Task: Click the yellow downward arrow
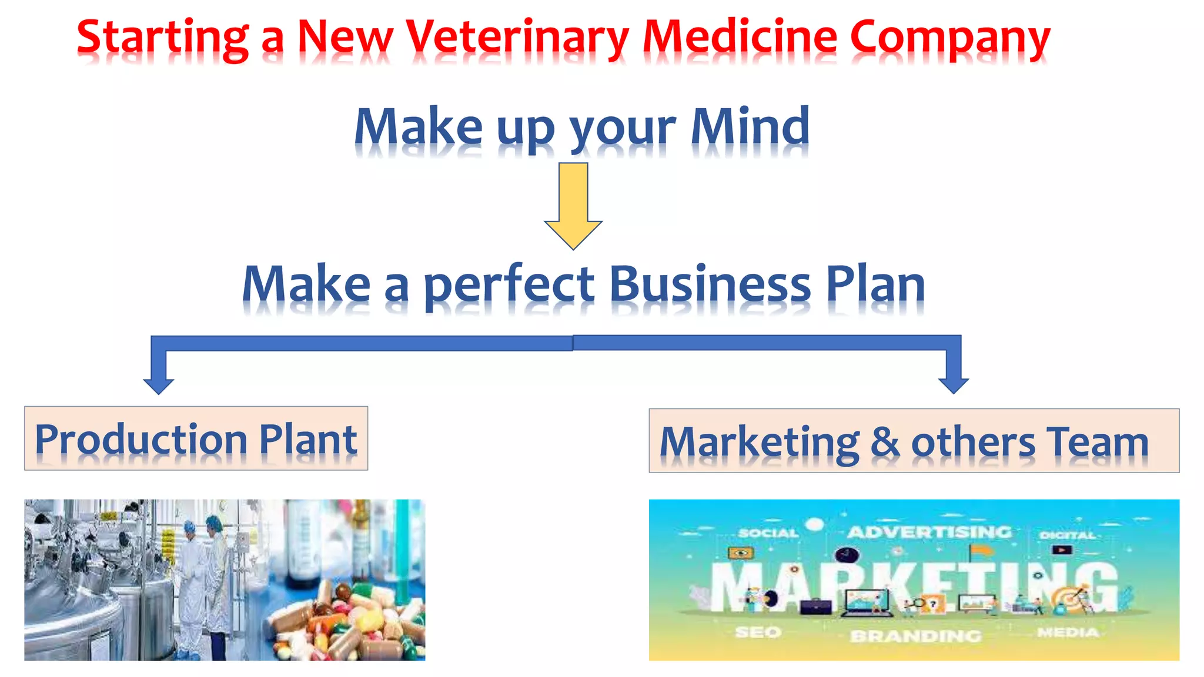573,206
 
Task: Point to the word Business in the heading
710,284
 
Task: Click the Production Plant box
196,438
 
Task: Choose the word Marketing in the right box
759,442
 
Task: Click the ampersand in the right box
885,442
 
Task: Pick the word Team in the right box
1097,442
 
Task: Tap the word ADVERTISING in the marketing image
929,532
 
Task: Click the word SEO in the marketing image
758,632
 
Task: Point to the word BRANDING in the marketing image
915,636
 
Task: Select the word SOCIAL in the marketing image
768,533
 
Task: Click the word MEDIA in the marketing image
1068,632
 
